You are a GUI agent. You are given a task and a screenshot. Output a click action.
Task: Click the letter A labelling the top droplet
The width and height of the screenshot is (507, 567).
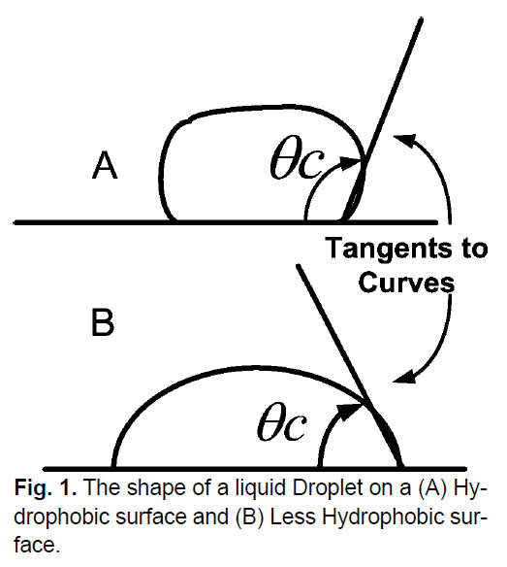point(105,165)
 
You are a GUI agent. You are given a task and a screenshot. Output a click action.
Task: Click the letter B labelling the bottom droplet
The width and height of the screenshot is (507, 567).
point(103,322)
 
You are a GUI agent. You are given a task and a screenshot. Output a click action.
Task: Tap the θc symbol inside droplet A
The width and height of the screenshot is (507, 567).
point(298,162)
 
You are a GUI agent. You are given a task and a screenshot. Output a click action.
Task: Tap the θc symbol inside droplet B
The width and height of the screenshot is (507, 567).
point(282,422)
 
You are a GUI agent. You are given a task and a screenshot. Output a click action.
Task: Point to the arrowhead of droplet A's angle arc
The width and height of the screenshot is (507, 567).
point(351,162)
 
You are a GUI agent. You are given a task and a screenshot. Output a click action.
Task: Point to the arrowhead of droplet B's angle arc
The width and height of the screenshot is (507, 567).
point(352,410)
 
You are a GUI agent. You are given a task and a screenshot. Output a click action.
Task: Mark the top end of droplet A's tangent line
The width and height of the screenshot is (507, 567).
point(421,18)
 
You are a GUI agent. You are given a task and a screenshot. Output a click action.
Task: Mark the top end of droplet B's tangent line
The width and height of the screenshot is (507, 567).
point(299,266)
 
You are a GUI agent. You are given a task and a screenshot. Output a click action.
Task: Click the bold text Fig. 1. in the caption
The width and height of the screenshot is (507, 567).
point(46,487)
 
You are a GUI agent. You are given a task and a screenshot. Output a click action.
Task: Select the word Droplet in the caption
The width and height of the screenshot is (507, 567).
point(328,487)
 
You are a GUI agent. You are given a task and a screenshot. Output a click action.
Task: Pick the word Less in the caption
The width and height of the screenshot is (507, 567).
point(293,517)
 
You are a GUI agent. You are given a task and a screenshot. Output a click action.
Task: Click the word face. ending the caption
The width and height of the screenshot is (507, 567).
point(37,545)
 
